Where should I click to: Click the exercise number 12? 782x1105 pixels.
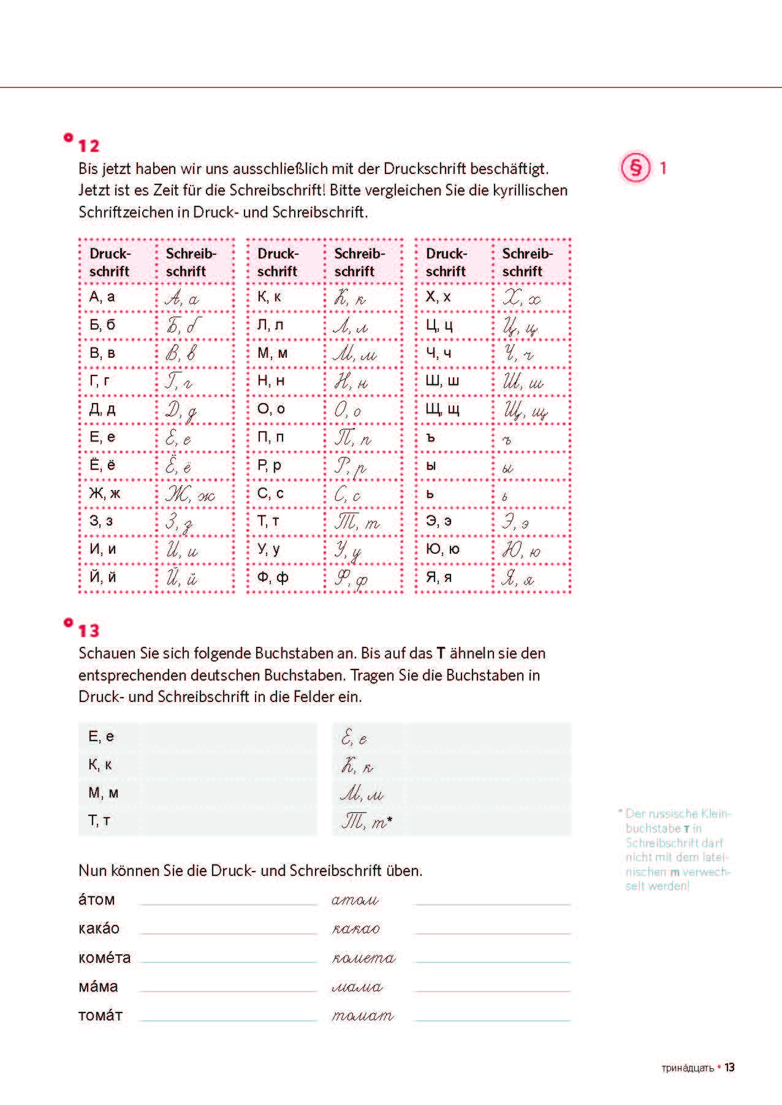pyautogui.click(x=88, y=146)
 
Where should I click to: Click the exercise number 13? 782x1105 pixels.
pyautogui.click(x=88, y=630)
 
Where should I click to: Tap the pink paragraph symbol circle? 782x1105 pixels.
pyautogui.click(x=636, y=167)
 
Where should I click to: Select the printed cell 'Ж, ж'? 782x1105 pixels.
pyautogui.click(x=105, y=493)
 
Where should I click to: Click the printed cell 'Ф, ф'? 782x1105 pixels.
pyautogui.click(x=273, y=577)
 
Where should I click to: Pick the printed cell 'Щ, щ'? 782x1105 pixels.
pyautogui.click(x=442, y=409)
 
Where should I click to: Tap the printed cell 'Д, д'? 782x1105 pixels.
pyautogui.click(x=102, y=409)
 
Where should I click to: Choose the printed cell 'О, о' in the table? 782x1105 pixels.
pyautogui.click(x=271, y=409)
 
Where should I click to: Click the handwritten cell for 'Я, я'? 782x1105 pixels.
pyautogui.click(x=518, y=578)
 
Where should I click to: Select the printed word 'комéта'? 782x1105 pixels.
pyautogui.click(x=104, y=957)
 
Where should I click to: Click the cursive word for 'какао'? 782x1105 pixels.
pyautogui.click(x=355, y=929)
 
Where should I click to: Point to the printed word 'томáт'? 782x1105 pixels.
pyautogui.click(x=101, y=1015)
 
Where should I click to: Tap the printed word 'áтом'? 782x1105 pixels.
pyautogui.click(x=97, y=900)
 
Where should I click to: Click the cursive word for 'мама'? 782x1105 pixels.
pyautogui.click(x=357, y=987)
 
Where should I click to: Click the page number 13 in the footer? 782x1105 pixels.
pyautogui.click(x=729, y=1068)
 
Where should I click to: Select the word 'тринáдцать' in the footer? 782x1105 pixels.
pyautogui.click(x=688, y=1068)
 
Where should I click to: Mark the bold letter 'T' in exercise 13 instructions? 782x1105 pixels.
pyautogui.click(x=440, y=653)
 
